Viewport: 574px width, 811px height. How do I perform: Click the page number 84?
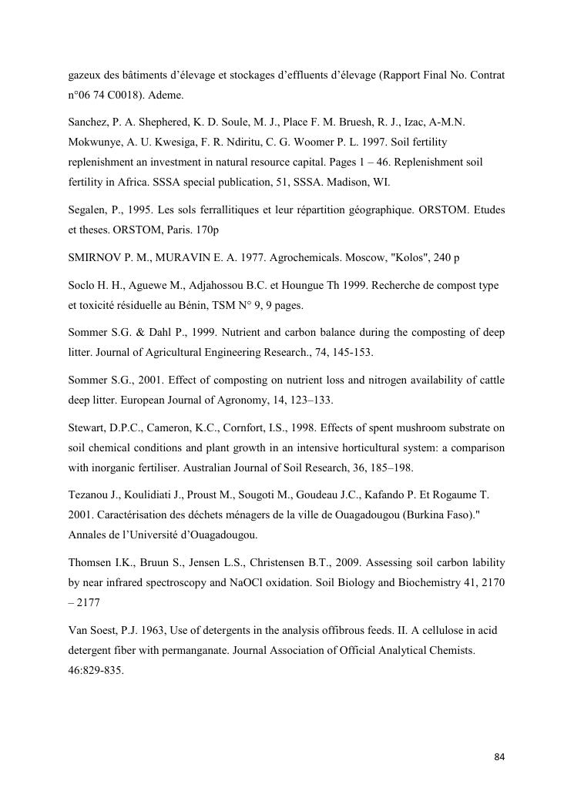(x=498, y=757)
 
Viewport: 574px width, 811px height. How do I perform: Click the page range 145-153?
(x=349, y=352)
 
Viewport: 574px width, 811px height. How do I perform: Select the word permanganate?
(x=182, y=650)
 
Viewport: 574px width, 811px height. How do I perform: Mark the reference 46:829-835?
(x=96, y=669)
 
